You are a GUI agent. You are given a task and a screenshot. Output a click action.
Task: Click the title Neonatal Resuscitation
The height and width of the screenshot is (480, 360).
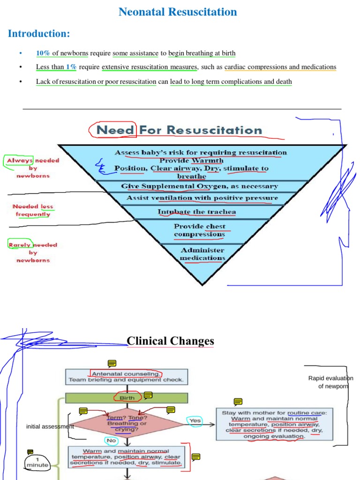click(x=178, y=12)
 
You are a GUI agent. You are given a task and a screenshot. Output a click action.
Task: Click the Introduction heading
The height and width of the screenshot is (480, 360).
click(x=39, y=34)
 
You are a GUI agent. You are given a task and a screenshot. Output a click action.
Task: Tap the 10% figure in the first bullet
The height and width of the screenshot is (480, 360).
click(x=43, y=53)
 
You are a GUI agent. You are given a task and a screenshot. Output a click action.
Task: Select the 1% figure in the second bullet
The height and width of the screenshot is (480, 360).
click(x=71, y=67)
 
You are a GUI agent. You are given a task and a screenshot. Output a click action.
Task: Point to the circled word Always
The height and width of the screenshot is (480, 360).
click(x=20, y=160)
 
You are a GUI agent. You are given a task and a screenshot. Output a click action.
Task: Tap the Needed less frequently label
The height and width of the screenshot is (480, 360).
click(x=32, y=210)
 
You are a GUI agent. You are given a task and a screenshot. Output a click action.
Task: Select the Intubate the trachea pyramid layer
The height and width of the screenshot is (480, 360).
click(x=196, y=212)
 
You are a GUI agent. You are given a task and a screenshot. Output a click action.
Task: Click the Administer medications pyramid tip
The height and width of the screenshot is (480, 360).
click(x=202, y=254)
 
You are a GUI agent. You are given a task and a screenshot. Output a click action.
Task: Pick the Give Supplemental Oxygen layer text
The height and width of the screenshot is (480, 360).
click(x=199, y=186)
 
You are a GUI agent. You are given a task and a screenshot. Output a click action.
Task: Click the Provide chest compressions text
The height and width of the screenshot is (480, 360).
click(x=199, y=230)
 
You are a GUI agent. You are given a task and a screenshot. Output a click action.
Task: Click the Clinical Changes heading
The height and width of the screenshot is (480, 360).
click(x=170, y=341)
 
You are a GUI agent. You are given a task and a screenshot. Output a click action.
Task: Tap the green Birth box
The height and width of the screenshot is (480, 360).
click(x=126, y=398)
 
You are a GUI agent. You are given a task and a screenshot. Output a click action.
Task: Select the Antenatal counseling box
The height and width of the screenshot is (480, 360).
click(x=126, y=376)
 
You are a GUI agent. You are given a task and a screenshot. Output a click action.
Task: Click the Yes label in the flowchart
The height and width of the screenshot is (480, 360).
click(x=195, y=420)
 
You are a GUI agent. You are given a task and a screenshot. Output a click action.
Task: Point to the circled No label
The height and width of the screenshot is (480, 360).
click(x=112, y=441)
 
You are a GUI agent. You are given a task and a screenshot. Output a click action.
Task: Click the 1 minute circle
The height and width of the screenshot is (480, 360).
click(x=37, y=462)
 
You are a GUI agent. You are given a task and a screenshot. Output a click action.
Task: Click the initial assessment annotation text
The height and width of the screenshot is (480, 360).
click(x=50, y=427)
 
